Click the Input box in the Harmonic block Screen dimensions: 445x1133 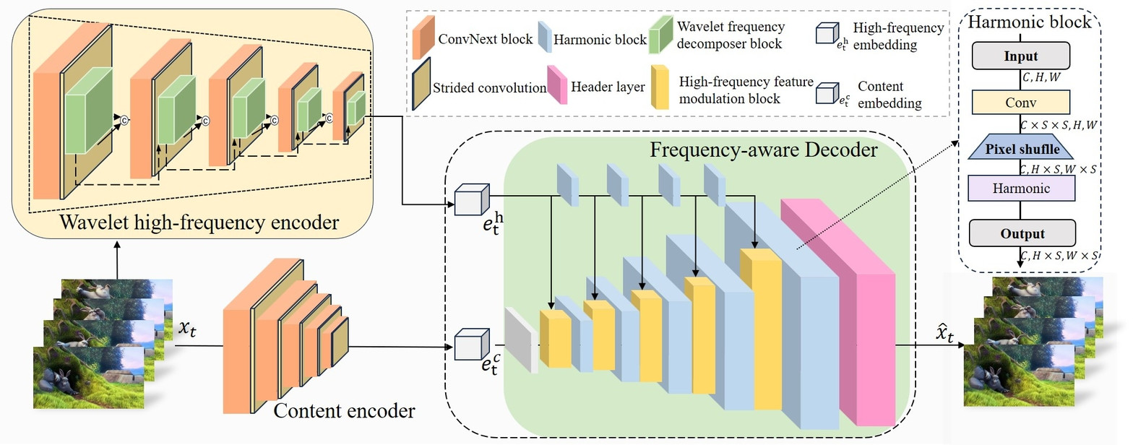1020,56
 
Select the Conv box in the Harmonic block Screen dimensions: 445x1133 1020,103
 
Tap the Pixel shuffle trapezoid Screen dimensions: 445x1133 1020,150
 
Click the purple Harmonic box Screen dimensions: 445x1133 1021,189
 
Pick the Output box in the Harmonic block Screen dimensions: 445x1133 1022,233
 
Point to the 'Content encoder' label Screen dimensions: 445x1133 344,412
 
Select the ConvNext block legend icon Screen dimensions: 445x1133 423,40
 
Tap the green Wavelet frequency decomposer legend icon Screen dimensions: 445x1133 660,36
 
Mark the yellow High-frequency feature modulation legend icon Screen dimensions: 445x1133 659,87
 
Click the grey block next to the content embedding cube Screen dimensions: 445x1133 522,340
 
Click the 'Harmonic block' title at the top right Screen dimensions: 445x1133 1029,22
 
